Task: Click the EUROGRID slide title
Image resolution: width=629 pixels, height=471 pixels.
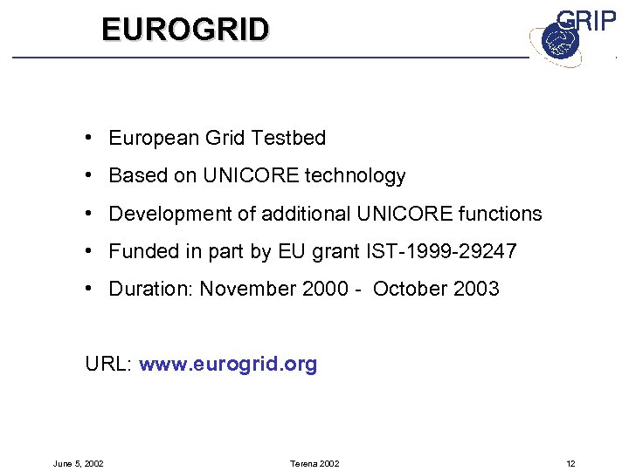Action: point(185,30)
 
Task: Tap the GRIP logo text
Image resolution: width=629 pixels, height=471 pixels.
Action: point(586,21)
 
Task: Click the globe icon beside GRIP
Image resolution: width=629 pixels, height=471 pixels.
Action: point(555,42)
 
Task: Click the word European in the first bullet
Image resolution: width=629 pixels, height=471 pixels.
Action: point(154,138)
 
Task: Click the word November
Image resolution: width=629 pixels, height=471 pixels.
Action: point(247,290)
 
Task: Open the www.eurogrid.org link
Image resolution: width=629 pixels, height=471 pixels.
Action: point(228,365)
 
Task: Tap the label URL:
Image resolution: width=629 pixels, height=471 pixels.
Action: point(108,365)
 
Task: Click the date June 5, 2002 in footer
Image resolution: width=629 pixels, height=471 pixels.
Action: point(78,463)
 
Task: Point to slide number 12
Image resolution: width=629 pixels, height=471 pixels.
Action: point(570,463)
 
